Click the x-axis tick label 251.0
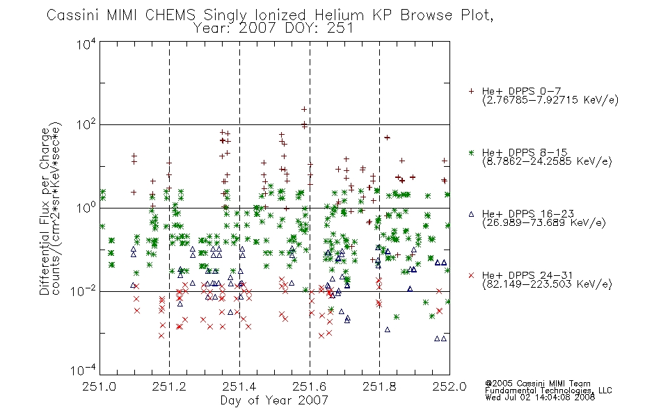[x=99, y=386]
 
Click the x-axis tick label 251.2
[x=170, y=386]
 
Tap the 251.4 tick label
[x=239, y=386]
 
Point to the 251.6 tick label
[x=310, y=386]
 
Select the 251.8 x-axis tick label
[x=379, y=386]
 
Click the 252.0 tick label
[x=449, y=386]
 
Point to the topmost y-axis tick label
[x=86, y=44]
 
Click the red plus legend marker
[x=471, y=91]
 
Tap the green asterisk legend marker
[x=471, y=152]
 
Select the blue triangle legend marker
[x=471, y=214]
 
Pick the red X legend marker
[x=471, y=275]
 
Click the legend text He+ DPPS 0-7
[x=521, y=91]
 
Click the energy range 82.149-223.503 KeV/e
[x=547, y=284]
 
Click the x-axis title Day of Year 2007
[x=274, y=400]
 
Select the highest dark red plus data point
[x=304, y=110]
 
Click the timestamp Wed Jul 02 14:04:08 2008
[x=540, y=398]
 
